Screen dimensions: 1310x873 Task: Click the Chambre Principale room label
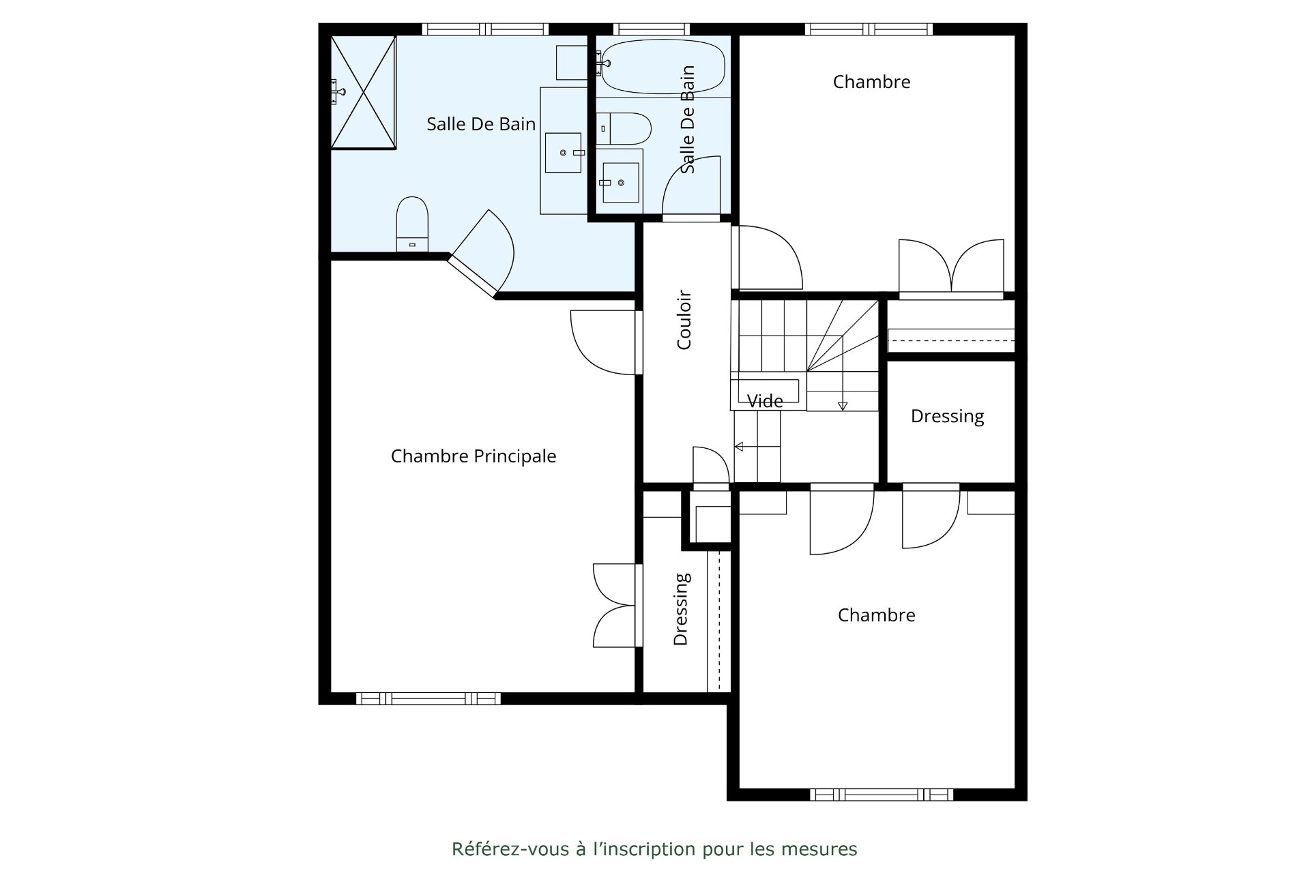(x=474, y=456)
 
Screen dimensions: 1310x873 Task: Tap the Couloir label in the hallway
(x=684, y=320)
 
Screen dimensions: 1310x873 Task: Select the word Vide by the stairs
(x=765, y=401)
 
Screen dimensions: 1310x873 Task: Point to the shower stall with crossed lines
(x=363, y=92)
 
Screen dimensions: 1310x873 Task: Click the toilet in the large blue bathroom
(x=412, y=224)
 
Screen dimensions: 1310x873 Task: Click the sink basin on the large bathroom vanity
(x=564, y=153)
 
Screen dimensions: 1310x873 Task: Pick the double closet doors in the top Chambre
(x=951, y=268)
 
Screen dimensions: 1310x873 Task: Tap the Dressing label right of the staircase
(x=947, y=417)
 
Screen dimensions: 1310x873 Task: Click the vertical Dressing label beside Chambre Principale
(x=682, y=609)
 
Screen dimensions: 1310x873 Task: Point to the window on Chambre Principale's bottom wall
(x=428, y=698)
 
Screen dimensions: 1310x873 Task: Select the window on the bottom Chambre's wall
(x=882, y=795)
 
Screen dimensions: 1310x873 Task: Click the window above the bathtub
(x=652, y=29)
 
